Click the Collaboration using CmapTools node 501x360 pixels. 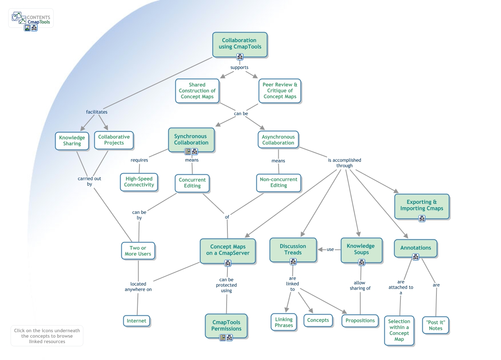pyautogui.click(x=240, y=43)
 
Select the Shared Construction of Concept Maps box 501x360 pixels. pyautogui.click(x=197, y=90)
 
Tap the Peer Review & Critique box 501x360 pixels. pyautogui.click(x=280, y=90)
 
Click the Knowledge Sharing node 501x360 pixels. pyautogui.click(x=72, y=141)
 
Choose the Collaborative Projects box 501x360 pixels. pyautogui.click(x=114, y=140)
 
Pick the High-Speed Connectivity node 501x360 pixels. pyautogui.click(x=139, y=182)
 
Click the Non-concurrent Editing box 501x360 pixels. pyautogui.click(x=279, y=183)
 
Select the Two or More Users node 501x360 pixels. pyautogui.click(x=138, y=251)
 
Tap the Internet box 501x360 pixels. pyautogui.click(x=137, y=321)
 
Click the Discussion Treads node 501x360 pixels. pyautogui.click(x=293, y=250)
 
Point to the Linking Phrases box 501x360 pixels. pyautogui.click(x=284, y=322)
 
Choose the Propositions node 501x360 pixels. pyautogui.click(x=360, y=320)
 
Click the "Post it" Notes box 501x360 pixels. pyautogui.click(x=436, y=325)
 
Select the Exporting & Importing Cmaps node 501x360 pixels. pyautogui.click(x=422, y=205)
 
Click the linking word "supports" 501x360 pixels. pyautogui.click(x=240, y=67)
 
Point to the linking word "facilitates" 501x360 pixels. pyautogui.click(x=97, y=112)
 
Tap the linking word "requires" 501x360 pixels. pyautogui.click(x=139, y=160)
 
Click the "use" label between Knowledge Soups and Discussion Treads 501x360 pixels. pyautogui.click(x=330, y=250)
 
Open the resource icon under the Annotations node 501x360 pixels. pyautogui.click(x=416, y=257)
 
